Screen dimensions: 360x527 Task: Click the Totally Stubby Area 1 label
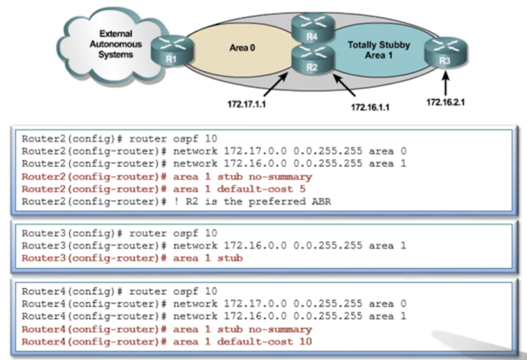tap(378, 50)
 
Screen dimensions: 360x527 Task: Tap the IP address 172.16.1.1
tap(370, 105)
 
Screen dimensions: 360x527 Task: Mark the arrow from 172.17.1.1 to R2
tap(276, 84)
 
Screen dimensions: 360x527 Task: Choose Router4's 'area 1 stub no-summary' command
tap(242, 329)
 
